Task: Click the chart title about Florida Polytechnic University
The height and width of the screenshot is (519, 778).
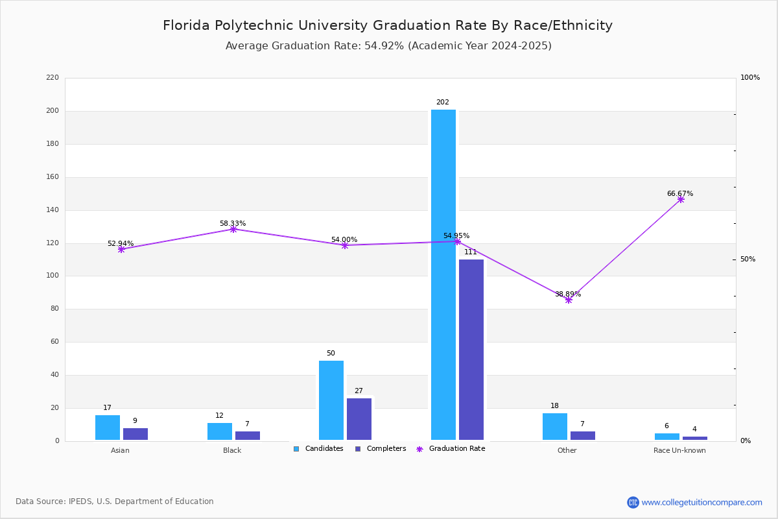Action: click(x=388, y=25)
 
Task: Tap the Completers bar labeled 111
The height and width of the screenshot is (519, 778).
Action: click(x=471, y=350)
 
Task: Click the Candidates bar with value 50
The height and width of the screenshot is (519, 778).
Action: click(x=331, y=400)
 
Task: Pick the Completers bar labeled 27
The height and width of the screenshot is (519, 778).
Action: click(x=359, y=419)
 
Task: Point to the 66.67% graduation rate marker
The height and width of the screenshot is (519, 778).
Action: click(x=681, y=199)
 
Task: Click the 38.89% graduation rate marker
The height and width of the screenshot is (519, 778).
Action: click(x=569, y=300)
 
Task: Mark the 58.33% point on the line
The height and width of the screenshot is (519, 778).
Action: click(x=233, y=229)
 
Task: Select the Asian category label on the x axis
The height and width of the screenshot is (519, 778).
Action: click(x=120, y=450)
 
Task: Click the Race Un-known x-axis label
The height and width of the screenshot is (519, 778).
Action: click(x=679, y=450)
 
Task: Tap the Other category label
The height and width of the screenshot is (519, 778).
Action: click(x=567, y=450)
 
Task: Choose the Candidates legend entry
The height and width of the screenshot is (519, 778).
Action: click(x=318, y=449)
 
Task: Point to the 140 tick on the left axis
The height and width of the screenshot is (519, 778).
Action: click(x=53, y=210)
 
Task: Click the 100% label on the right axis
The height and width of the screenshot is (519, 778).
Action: click(x=750, y=78)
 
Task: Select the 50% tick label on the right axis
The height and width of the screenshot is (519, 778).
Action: click(x=748, y=259)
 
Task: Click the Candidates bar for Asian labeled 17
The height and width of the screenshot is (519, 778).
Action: click(x=108, y=428)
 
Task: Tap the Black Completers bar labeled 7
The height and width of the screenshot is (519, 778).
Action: click(x=248, y=435)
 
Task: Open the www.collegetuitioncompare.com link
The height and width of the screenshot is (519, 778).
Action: click(x=701, y=502)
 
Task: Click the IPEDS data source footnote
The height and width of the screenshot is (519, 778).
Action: click(x=115, y=501)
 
